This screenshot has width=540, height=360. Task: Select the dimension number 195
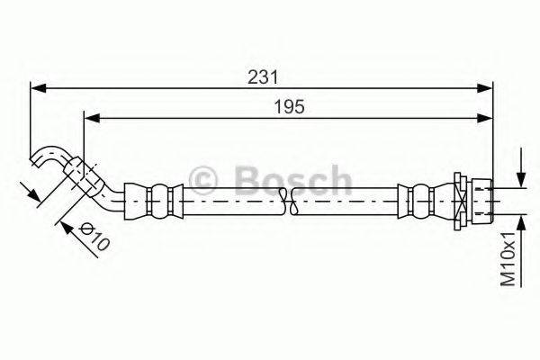[x=290, y=106]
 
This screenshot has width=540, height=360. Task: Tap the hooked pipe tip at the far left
[x=40, y=158]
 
